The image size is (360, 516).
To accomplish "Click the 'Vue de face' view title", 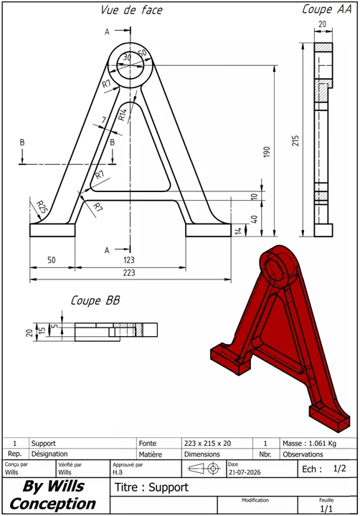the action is click(x=131, y=10).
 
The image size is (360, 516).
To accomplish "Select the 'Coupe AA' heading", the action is click(x=327, y=9).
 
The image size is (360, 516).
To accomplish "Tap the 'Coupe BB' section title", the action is click(x=95, y=300).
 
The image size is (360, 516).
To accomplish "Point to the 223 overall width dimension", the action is click(x=129, y=273).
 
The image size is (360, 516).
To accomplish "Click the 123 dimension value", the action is click(x=129, y=260).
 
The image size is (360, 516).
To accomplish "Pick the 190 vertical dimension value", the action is click(x=267, y=152).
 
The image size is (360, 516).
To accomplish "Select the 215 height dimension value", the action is click(x=295, y=140).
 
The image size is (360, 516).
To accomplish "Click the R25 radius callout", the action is click(x=42, y=206).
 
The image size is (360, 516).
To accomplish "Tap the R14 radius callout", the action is click(x=122, y=115).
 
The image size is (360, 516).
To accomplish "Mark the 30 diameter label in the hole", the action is click(x=127, y=57).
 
